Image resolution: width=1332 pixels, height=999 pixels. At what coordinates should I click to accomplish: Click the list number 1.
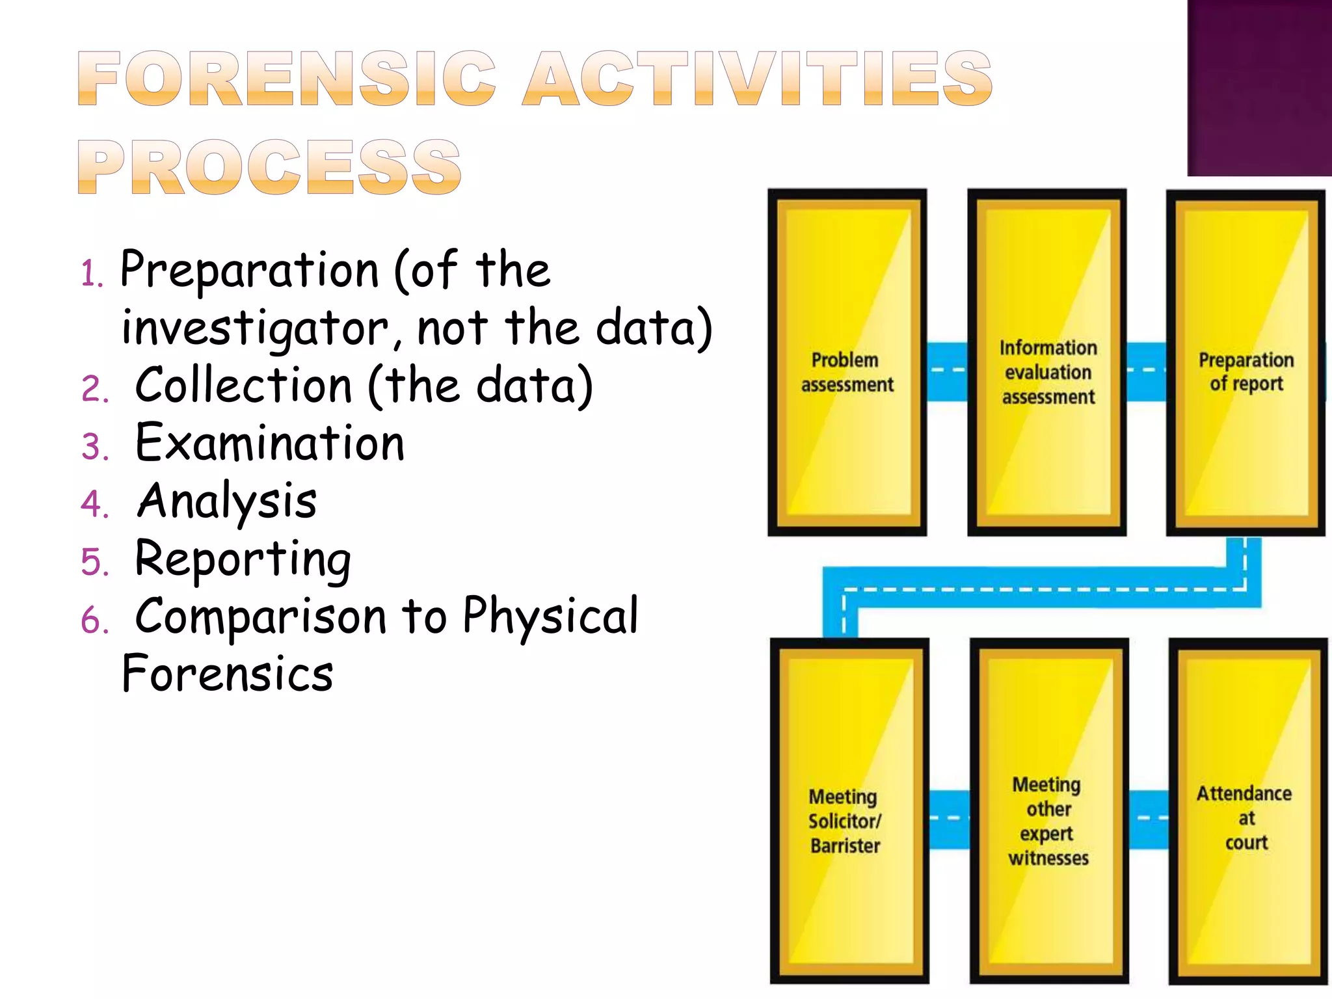pos(91,273)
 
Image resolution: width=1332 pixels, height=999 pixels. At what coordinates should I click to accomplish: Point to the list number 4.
pos(94,504)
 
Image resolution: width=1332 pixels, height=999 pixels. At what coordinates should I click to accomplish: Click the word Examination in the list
pos(269,444)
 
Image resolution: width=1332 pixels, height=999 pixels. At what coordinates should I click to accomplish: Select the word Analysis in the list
pos(227,501)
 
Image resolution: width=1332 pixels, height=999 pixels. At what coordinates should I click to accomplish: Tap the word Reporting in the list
pos(243,559)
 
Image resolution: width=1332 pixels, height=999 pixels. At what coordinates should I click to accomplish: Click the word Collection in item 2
pos(243,385)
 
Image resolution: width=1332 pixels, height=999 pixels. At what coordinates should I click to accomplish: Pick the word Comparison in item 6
pos(260,617)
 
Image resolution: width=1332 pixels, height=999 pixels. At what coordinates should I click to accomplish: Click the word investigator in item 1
pos(255,328)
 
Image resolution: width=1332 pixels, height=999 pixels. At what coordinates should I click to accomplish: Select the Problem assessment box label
pos(847,372)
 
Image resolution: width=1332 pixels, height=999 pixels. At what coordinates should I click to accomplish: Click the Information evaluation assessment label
pos(1048,372)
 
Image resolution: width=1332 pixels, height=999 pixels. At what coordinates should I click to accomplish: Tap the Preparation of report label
pos(1246,372)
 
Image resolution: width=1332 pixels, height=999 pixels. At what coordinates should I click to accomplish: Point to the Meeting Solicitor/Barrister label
pos(844,821)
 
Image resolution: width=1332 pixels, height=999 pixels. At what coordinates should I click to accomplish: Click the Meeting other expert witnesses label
pos(1048,821)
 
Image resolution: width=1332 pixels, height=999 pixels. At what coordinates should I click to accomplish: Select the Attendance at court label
pos(1245,818)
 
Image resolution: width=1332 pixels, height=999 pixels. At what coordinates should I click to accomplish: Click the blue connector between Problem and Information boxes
pos(947,371)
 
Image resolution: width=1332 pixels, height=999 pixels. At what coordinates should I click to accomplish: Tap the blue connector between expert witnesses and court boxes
pos(1149,819)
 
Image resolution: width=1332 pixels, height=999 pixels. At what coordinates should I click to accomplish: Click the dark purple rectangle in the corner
pos(1259,88)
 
